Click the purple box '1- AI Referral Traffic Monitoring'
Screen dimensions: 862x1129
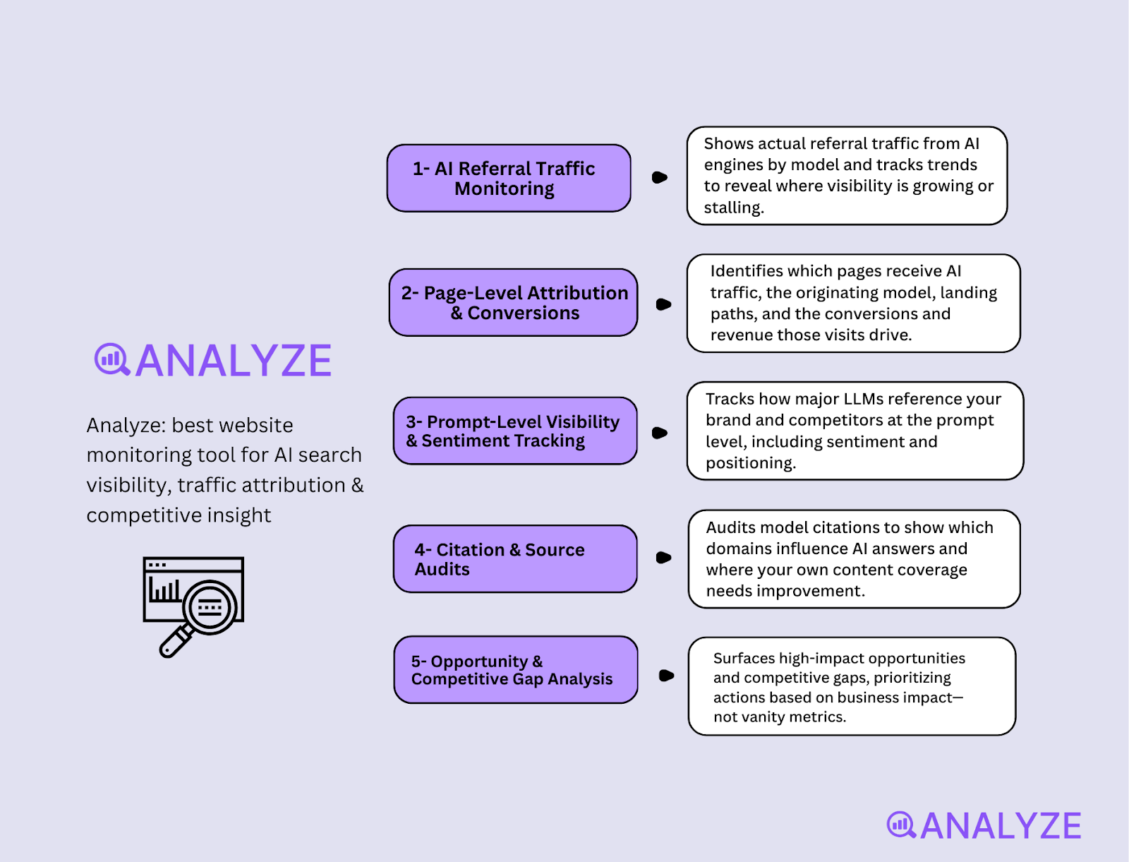[x=509, y=178]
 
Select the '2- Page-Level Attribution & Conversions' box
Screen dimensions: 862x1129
[x=514, y=302]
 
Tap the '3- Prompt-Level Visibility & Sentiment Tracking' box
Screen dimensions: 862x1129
[x=515, y=431]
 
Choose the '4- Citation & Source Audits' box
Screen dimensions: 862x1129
[x=515, y=558]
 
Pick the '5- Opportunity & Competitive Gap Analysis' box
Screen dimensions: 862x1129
[x=516, y=669]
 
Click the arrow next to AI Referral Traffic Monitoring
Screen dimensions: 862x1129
[x=660, y=177]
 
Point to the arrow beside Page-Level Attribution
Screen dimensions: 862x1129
[x=663, y=304]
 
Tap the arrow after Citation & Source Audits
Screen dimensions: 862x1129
[x=663, y=558]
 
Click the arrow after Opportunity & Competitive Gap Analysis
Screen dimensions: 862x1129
[x=666, y=676]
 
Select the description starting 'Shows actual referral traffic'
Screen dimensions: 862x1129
[x=847, y=176]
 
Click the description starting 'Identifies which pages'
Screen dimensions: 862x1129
[x=853, y=303]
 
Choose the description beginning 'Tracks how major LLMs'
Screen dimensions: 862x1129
[x=855, y=431]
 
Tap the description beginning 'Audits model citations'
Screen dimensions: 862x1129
[x=854, y=558]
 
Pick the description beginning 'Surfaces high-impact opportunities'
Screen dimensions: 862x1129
[x=852, y=686]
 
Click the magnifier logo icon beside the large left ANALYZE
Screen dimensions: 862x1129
[x=111, y=360]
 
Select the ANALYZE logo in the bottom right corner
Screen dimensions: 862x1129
[x=984, y=825]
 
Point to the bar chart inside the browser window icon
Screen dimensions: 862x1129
[x=164, y=590]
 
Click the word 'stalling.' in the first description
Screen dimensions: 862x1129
[x=734, y=208]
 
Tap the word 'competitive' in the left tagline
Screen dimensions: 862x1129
[x=131, y=515]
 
